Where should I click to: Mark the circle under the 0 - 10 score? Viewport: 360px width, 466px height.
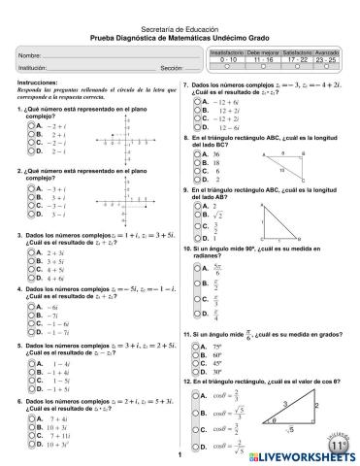click(227, 68)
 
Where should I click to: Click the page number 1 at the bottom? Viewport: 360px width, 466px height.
click(180, 454)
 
